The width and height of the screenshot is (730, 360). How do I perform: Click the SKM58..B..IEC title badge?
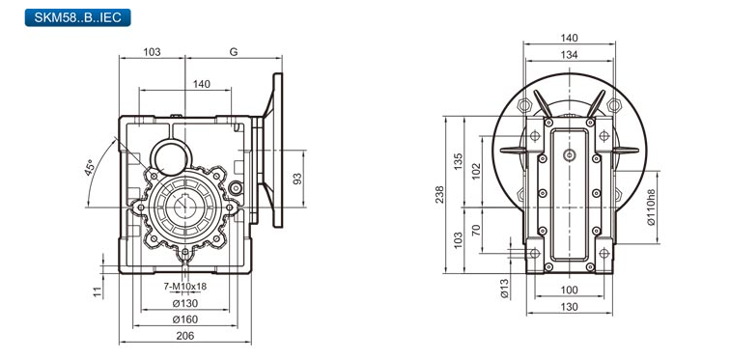tap(78, 17)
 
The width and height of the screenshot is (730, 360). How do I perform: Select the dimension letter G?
tap(234, 51)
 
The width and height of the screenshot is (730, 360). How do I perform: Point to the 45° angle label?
tap(90, 167)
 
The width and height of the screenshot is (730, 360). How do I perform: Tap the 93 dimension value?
tap(297, 179)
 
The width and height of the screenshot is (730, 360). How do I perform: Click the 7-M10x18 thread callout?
tap(184, 287)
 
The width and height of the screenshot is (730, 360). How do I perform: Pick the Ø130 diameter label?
tap(184, 303)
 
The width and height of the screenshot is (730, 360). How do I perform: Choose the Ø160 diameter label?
tap(184, 319)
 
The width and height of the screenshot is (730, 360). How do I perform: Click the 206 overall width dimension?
tap(184, 336)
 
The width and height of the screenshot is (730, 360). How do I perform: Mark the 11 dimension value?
tap(98, 291)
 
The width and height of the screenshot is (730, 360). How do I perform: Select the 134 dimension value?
tap(569, 55)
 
